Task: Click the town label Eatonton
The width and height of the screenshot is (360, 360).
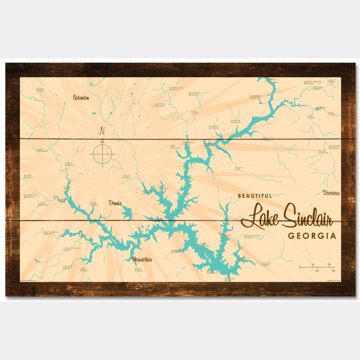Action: [81, 98]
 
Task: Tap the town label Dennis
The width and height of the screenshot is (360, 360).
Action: [115, 203]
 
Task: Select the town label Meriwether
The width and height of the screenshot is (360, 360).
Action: [142, 259]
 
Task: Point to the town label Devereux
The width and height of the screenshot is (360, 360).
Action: [331, 193]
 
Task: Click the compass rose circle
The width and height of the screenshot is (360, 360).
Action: [103, 154]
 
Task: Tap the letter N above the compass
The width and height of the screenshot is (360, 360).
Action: [102, 131]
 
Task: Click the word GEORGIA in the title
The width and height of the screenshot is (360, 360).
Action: [312, 236]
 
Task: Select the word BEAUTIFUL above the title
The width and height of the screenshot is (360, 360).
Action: [255, 196]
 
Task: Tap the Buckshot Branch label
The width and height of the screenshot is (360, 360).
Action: [195, 94]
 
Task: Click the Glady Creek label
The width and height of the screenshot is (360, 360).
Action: [40, 90]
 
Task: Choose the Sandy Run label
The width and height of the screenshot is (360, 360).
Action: [239, 169]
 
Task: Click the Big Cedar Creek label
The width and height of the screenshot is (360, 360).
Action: [50, 233]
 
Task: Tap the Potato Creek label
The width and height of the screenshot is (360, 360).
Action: [67, 267]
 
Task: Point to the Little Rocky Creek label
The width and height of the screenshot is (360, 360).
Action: [252, 237]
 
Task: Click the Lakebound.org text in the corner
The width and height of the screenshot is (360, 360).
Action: [333, 280]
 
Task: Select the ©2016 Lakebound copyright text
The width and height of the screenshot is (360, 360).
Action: [29, 280]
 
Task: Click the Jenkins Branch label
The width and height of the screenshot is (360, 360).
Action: [235, 121]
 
